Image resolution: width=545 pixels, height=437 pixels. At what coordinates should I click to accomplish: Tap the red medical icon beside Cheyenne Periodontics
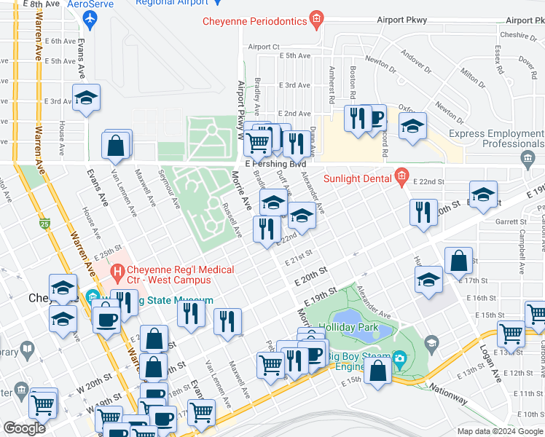point(316,20)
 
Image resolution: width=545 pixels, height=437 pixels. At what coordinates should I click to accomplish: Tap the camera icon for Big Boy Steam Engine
point(399,358)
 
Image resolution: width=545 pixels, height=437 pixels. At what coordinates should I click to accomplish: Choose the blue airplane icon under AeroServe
point(90,17)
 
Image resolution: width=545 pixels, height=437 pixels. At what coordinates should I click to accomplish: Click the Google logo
point(24,428)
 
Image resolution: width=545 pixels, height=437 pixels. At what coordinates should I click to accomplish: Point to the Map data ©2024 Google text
point(500,431)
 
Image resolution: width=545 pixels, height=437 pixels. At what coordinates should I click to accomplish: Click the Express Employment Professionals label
point(495,138)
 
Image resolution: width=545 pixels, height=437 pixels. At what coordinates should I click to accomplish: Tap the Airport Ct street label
point(264,47)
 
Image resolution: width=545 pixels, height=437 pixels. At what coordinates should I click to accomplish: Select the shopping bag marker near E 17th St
point(458,261)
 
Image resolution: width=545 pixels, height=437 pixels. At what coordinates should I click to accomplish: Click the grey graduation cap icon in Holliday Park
point(432,343)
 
